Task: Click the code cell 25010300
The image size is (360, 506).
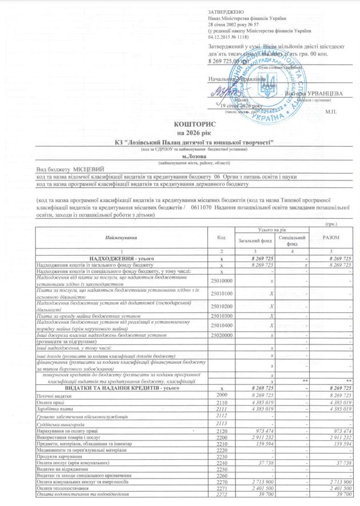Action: (222, 315)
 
